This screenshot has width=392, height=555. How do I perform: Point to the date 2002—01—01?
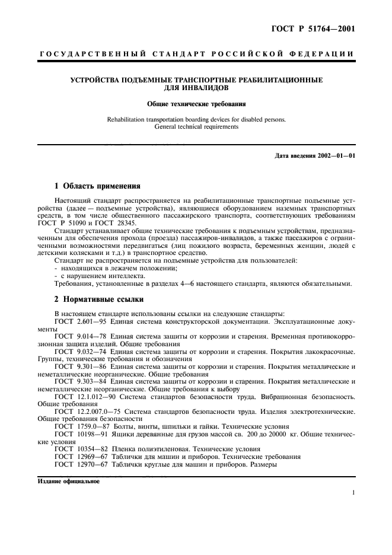[335, 155]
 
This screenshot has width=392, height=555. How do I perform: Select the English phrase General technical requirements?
[196, 127]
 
